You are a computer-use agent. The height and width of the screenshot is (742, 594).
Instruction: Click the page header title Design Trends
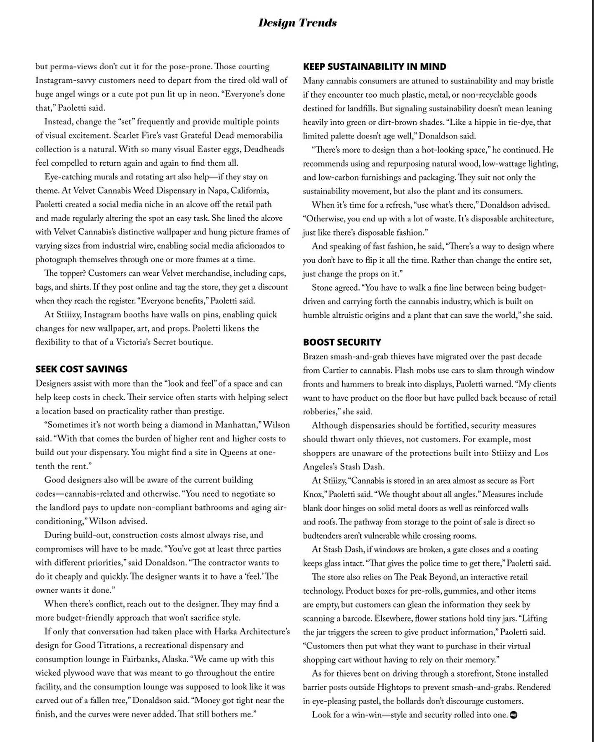[297, 23]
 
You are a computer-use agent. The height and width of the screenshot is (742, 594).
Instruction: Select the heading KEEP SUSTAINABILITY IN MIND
[375, 67]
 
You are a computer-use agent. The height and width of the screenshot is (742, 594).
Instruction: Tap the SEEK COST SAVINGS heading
[81, 369]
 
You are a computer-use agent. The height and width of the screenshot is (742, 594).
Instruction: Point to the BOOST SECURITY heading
[342, 342]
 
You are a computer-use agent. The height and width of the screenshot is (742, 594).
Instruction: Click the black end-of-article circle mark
[514, 715]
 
